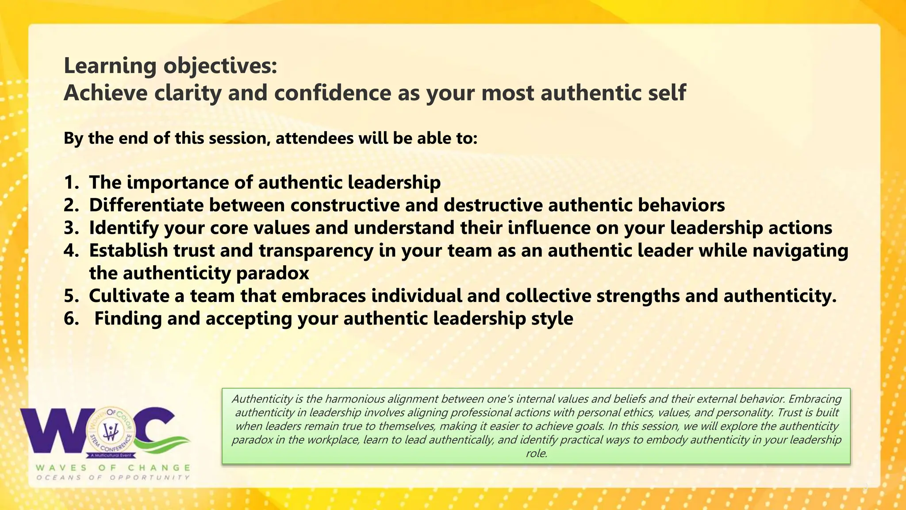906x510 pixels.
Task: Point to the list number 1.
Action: click(71, 183)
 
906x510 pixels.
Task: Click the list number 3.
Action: click(71, 228)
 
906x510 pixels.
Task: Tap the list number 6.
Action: click(71, 319)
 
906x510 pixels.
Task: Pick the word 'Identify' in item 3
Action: click(124, 228)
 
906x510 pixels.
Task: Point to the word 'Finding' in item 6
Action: click(128, 319)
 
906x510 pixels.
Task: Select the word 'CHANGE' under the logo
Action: click(159, 468)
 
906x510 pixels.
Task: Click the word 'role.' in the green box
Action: click(536, 454)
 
